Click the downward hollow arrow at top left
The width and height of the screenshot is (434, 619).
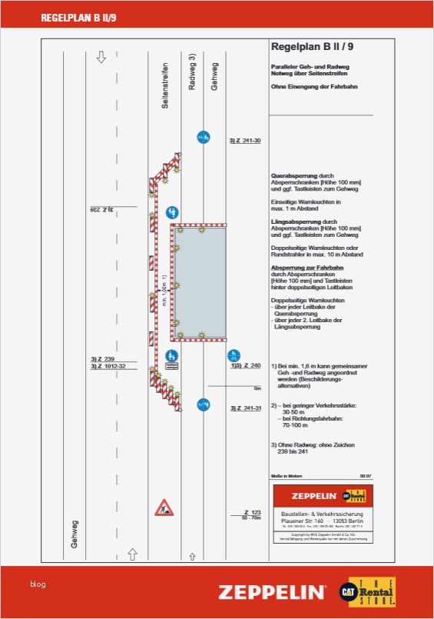[101, 58]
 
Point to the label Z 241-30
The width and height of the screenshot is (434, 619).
[245, 141]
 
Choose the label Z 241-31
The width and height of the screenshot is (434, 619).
[246, 408]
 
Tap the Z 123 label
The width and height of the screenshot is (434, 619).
[253, 512]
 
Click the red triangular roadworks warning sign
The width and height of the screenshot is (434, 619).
[164, 508]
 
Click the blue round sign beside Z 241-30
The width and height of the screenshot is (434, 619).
[204, 137]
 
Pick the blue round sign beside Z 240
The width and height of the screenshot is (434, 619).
[234, 356]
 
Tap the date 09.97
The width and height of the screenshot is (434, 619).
[365, 477]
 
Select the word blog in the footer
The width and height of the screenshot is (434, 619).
[38, 584]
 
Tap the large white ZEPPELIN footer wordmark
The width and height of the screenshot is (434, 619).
[271, 592]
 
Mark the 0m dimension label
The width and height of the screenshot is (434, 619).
[257, 388]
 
